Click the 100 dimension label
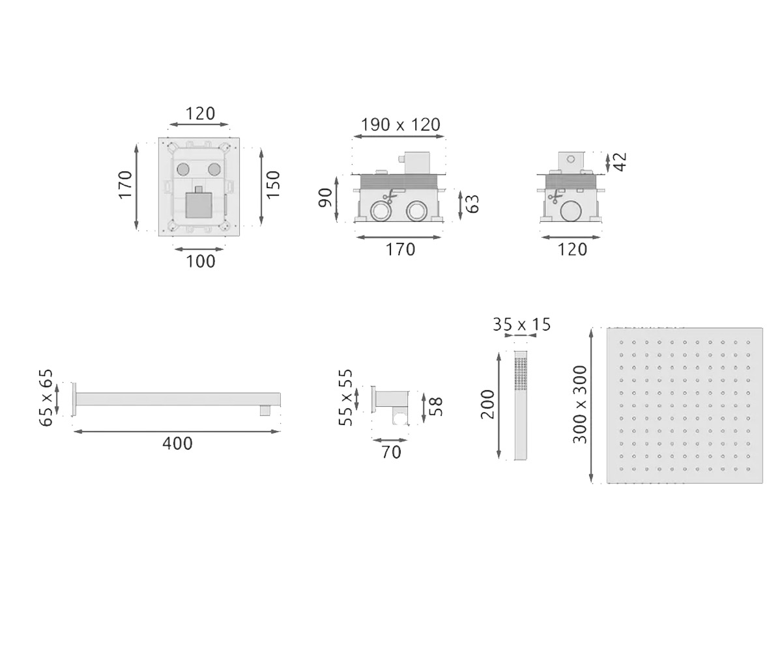201,262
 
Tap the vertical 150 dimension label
274,185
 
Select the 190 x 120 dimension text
400,124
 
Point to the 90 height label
325,197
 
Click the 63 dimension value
472,204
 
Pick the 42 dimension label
620,161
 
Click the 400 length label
177,443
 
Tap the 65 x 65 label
46,398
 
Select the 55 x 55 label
345,397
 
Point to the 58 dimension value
436,407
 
